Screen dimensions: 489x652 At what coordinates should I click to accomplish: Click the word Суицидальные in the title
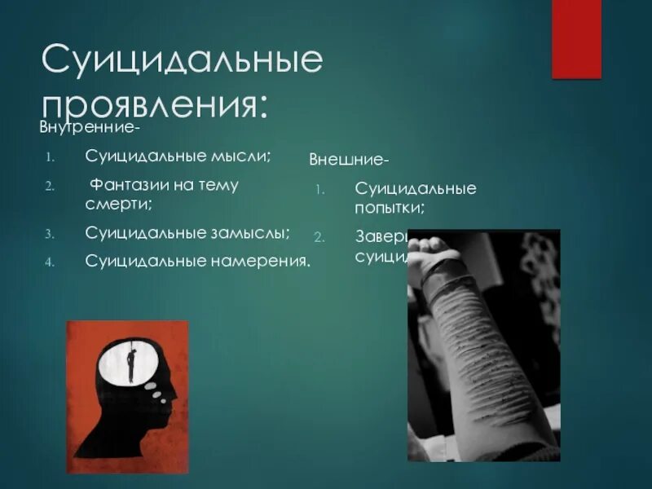pyautogui.click(x=182, y=63)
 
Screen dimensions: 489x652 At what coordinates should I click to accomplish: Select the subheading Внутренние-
pyautogui.click(x=90, y=128)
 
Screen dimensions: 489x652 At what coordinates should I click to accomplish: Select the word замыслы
pyautogui.click(x=255, y=233)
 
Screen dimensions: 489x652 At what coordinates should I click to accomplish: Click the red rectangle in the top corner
pyautogui.click(x=576, y=38)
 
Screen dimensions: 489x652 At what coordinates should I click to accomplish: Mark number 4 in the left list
pyautogui.click(x=49, y=262)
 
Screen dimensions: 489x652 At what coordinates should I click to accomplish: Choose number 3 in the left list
pyautogui.click(x=49, y=234)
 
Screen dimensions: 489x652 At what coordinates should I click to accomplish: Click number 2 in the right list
pyautogui.click(x=319, y=237)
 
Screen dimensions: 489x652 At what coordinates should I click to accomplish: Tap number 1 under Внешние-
pyautogui.click(x=319, y=190)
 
